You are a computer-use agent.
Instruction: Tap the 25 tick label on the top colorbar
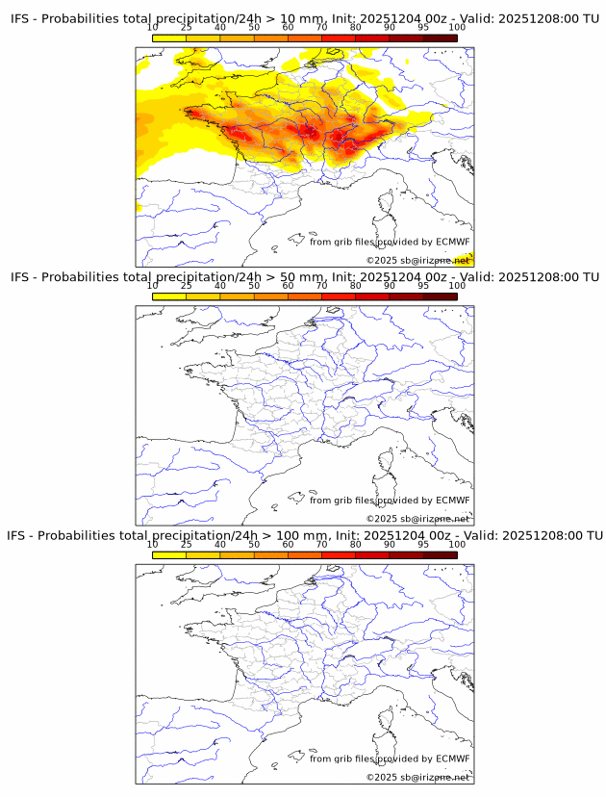(x=187, y=28)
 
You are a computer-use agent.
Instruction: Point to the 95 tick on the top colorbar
(x=423, y=28)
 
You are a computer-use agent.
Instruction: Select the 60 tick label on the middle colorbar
(x=288, y=286)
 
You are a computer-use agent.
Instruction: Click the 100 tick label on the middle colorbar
(x=457, y=286)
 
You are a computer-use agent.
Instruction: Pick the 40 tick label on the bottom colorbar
(x=220, y=544)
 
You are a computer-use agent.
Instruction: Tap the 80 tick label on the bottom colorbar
(x=356, y=544)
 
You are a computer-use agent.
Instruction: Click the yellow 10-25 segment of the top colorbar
(x=169, y=38)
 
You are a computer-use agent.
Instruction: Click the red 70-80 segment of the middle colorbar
(x=339, y=296)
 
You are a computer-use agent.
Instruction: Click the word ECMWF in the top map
(x=453, y=242)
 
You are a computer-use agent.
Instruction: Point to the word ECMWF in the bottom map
(x=453, y=758)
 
